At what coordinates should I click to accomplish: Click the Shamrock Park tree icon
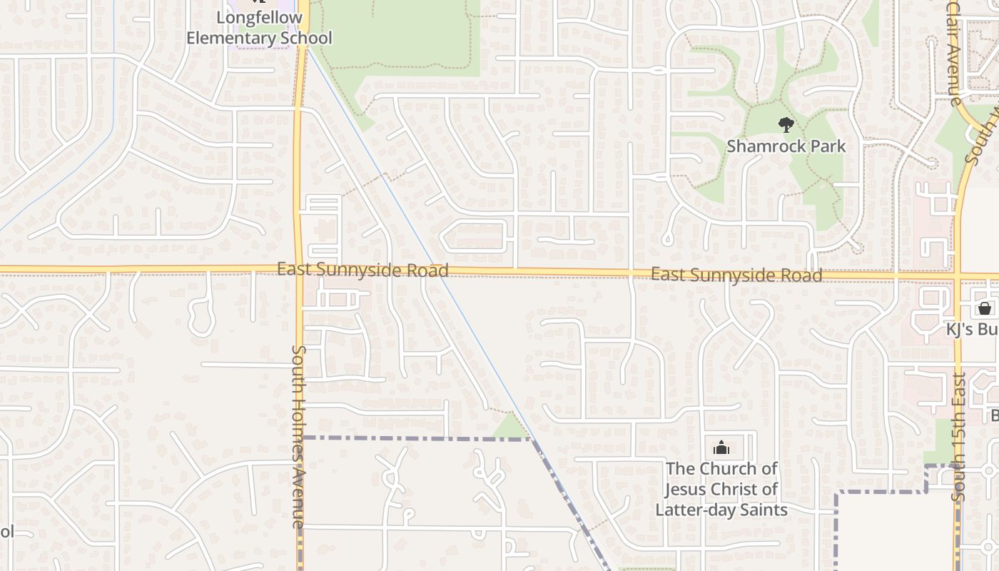pyautogui.click(x=786, y=126)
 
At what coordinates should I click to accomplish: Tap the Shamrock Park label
pyautogui.click(x=786, y=146)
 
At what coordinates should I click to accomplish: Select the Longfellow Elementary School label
pyautogui.click(x=259, y=27)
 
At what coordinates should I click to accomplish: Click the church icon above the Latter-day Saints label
pyautogui.click(x=721, y=448)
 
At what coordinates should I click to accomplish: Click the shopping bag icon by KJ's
pyautogui.click(x=985, y=308)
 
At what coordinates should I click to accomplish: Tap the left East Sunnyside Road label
pyautogui.click(x=362, y=270)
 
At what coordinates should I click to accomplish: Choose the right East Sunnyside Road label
pyautogui.click(x=736, y=275)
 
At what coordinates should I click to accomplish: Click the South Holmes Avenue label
pyautogui.click(x=298, y=436)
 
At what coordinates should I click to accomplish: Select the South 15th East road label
pyautogui.click(x=960, y=435)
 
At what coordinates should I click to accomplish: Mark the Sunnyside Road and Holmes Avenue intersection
pyautogui.click(x=298, y=270)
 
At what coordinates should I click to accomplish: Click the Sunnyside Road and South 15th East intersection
pyautogui.click(x=958, y=276)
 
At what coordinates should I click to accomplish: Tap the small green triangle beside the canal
pyautogui.click(x=512, y=427)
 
